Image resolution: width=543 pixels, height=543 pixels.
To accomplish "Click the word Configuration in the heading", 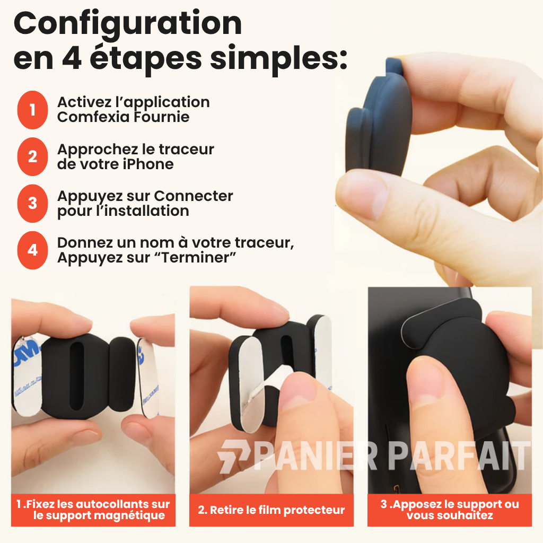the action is coord(127,23).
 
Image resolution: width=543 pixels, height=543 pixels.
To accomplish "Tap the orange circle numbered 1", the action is coord(32,110).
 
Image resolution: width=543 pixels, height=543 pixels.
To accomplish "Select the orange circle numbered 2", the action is coord(32,156).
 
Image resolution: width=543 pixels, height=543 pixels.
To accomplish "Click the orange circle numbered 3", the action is coord(32,203).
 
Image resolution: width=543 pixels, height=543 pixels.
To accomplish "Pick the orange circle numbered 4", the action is coord(32,250).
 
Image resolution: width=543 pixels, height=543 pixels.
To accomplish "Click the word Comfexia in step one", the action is coord(93,117).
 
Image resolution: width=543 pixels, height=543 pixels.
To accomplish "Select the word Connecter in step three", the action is coord(194,196).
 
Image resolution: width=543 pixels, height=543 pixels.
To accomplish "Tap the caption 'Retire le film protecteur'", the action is coord(271,510).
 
